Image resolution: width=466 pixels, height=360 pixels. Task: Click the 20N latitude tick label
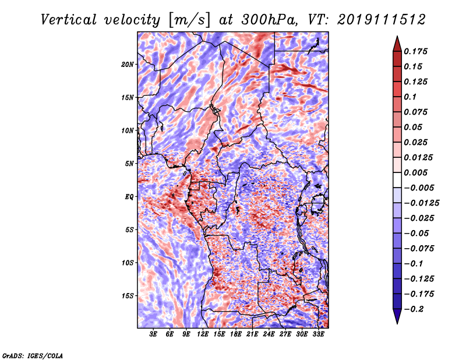128,64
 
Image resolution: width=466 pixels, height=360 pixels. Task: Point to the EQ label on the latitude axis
129,197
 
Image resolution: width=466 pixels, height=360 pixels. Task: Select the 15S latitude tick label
128,296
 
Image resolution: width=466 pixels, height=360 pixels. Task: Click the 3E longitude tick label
154,334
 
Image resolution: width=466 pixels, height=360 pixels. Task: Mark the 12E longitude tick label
203,334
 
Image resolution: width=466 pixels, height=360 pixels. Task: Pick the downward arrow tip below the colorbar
397,322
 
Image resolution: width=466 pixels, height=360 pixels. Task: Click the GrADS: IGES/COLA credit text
33,355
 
